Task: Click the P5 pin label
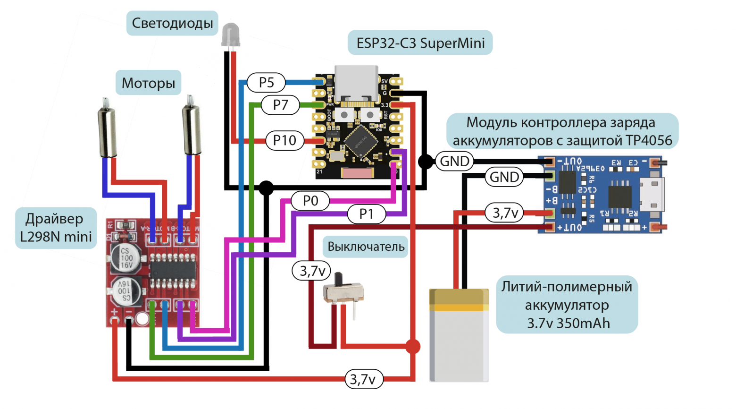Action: pos(266,83)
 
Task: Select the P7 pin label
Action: pos(280,104)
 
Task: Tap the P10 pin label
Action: pos(284,140)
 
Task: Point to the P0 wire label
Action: pos(310,201)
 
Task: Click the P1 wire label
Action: pos(366,214)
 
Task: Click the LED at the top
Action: pos(231,35)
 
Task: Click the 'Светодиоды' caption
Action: pos(172,23)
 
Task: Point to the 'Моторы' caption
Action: pos(148,83)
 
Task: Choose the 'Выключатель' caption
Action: pos(366,247)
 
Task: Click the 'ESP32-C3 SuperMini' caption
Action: pos(420,43)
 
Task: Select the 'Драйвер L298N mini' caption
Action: pos(56,228)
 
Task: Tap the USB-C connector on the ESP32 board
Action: pos(357,83)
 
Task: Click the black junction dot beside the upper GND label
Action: pos(425,162)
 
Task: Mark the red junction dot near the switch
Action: pos(413,346)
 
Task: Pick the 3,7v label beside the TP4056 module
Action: pos(505,213)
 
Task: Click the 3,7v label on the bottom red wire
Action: pos(363,379)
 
